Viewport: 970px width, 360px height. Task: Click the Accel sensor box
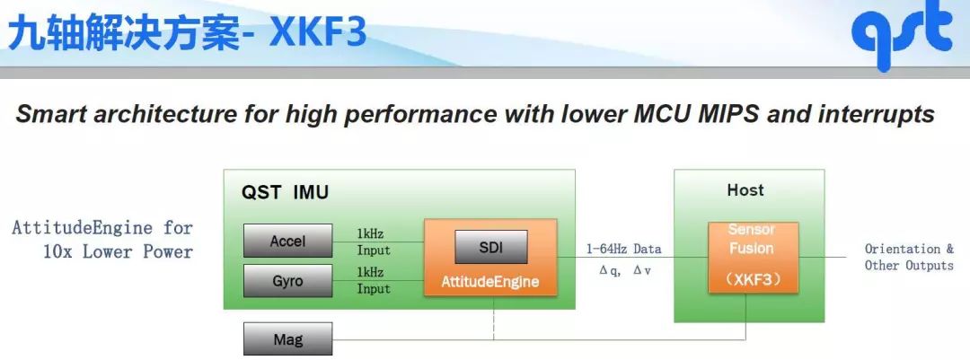tap(287, 241)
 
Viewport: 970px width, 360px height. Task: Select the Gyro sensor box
tap(287, 281)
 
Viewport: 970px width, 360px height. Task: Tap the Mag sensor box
tap(287, 339)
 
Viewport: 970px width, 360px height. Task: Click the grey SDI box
tap(491, 247)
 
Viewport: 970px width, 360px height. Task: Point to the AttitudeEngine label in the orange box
tap(490, 282)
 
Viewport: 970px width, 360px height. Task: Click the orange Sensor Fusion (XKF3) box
tap(753, 257)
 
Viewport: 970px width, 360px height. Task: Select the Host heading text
tap(745, 190)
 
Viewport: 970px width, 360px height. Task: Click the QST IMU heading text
tap(285, 192)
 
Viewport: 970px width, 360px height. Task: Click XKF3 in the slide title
tap(318, 33)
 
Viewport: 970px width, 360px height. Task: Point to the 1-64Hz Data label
tap(623, 250)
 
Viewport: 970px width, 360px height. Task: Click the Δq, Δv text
tap(625, 270)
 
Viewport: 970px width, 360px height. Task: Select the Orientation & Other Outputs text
tap(909, 258)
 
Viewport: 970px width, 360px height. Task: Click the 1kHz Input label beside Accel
tap(374, 241)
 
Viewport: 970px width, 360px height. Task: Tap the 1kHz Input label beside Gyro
tap(374, 280)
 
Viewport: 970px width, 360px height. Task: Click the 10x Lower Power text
tap(118, 251)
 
